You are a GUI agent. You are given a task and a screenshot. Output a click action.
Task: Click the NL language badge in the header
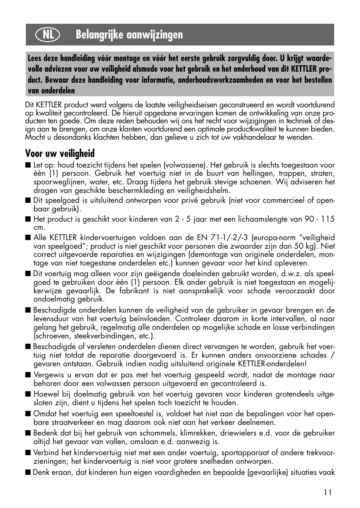pyautogui.click(x=48, y=35)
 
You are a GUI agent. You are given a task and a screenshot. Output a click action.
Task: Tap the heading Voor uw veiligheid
pyautogui.click(x=60, y=154)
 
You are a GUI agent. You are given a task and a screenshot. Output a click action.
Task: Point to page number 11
pyautogui.click(x=327, y=493)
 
